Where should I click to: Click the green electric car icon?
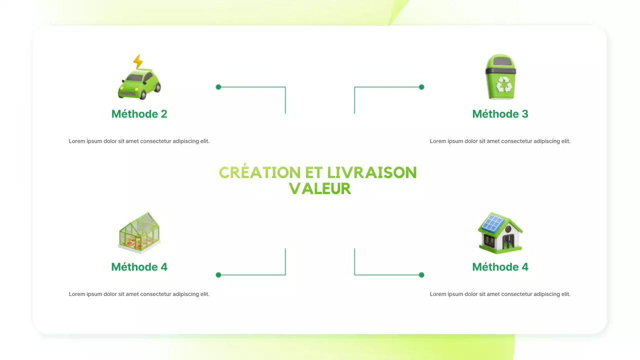click(139, 84)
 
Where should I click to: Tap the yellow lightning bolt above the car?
click(138, 61)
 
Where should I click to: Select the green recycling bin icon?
click(500, 77)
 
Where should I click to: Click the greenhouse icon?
click(139, 233)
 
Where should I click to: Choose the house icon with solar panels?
click(500, 233)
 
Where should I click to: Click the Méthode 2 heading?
click(139, 114)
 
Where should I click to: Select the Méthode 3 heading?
click(500, 114)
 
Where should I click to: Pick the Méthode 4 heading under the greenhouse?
click(139, 267)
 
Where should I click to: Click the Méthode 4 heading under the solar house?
click(500, 267)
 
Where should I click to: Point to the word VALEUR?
click(320, 188)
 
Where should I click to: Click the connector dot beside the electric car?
click(218, 87)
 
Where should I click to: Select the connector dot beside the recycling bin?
click(421, 87)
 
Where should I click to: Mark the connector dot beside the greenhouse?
click(218, 275)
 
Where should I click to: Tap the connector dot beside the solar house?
click(421, 275)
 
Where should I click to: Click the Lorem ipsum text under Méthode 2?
click(139, 141)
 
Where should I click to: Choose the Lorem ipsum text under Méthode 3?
click(500, 141)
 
